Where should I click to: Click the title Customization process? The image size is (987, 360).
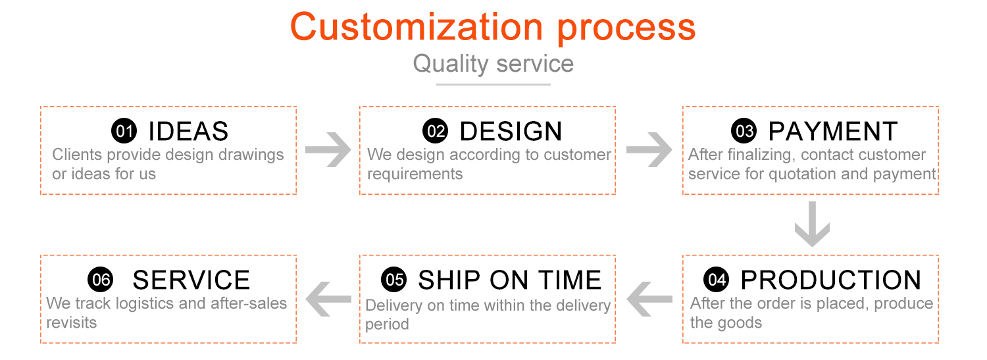(x=493, y=28)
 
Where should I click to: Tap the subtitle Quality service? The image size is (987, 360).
(x=493, y=64)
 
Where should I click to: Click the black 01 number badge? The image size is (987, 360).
(x=124, y=132)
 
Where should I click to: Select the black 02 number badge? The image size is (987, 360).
(x=435, y=132)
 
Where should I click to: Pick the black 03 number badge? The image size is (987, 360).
(x=744, y=132)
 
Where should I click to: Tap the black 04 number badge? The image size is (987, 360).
(x=716, y=280)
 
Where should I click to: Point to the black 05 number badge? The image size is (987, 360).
(x=394, y=280)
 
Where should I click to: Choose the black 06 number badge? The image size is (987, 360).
(x=101, y=280)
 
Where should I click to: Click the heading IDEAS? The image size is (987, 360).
(x=188, y=132)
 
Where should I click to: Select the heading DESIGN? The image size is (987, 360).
(x=511, y=132)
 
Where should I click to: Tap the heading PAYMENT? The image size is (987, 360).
(x=832, y=132)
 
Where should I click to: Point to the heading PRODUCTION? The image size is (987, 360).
(x=830, y=280)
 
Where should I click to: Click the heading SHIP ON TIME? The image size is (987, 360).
(x=509, y=280)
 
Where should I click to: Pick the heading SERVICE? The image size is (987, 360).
(x=191, y=280)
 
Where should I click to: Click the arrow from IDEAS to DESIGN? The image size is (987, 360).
(x=328, y=150)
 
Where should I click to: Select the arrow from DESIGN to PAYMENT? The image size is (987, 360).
(x=649, y=150)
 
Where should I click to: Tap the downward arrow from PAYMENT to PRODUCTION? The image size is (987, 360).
(x=812, y=224)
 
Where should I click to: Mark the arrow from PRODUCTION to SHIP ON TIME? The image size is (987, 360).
(x=649, y=299)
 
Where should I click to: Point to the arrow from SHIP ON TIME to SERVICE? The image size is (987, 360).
(x=328, y=299)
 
